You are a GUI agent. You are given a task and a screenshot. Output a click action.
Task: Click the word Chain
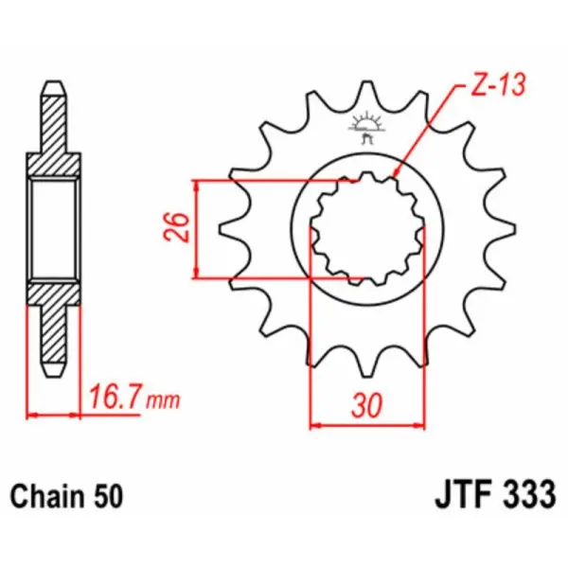coord(44,494)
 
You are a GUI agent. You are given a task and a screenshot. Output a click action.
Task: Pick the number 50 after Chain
coord(105,494)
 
